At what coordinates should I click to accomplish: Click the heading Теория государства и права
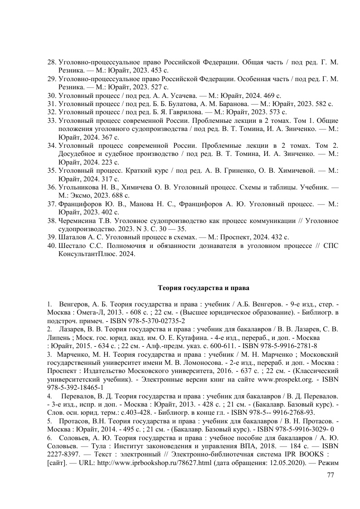203,287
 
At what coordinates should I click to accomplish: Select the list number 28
52,61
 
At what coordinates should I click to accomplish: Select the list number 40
52,246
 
